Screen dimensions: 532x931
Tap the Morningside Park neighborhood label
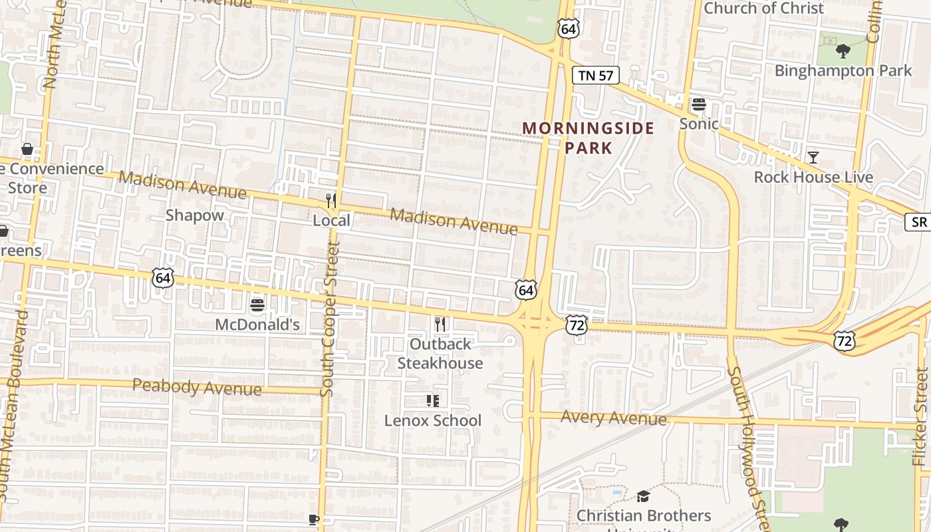[x=588, y=138]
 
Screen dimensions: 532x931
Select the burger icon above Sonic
[x=698, y=104]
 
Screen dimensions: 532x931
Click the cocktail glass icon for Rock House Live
[x=813, y=158]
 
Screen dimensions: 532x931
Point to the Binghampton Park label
[x=843, y=70]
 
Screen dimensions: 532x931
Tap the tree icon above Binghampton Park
[x=843, y=51]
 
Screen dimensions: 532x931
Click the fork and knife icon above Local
[x=331, y=200]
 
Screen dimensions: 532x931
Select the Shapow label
[x=195, y=215]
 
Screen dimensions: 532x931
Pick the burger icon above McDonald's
[x=257, y=305]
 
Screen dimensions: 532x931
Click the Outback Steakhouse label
[x=440, y=354]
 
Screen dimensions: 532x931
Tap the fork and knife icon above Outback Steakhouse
[x=440, y=325]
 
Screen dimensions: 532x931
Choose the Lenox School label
[x=433, y=420]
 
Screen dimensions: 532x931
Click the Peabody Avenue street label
[x=197, y=386]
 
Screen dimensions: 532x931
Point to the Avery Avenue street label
[x=613, y=418]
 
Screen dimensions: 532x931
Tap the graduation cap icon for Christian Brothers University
[x=642, y=496]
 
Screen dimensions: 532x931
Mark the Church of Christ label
[x=763, y=8]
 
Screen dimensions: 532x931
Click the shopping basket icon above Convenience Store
[x=27, y=149]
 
